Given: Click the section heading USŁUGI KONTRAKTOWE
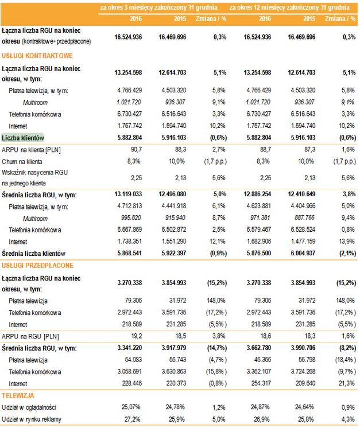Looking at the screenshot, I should click(x=37, y=56).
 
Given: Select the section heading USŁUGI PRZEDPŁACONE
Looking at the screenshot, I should click(x=38, y=266).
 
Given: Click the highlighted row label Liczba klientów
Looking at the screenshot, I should click(x=24, y=138).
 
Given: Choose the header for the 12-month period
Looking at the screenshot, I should click(x=290, y=7).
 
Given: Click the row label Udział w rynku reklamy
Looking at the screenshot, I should click(x=32, y=420).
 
